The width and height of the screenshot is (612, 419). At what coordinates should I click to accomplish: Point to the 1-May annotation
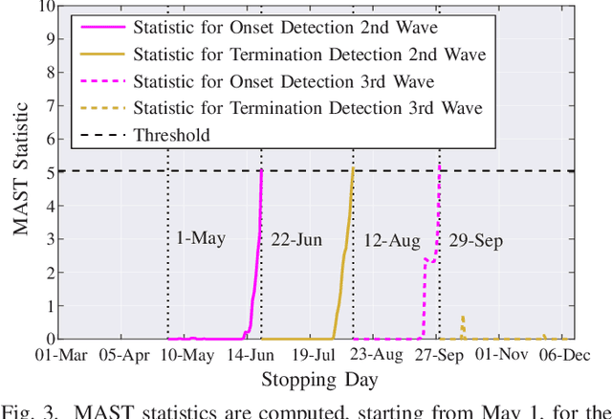pos(202,237)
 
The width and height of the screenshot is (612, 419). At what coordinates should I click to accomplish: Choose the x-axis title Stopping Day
pos(319,380)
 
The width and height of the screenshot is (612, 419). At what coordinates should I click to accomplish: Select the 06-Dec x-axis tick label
pos(568,356)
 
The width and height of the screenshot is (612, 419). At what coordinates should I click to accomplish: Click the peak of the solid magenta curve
pos(261,171)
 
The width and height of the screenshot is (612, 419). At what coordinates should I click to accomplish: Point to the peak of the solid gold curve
pos(353,168)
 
